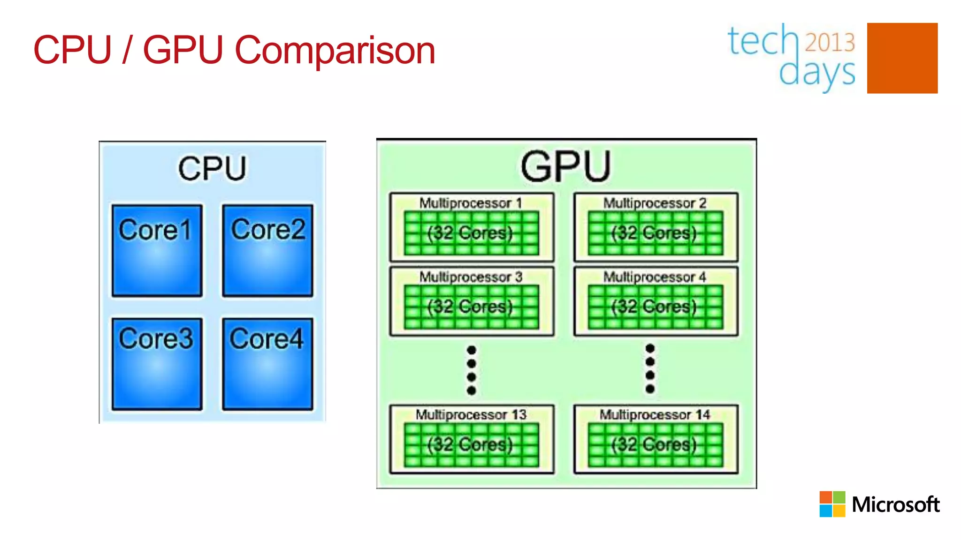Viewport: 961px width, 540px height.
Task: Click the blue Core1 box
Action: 157,250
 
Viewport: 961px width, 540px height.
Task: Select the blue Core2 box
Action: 267,250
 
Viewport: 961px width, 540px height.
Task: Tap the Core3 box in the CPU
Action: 157,364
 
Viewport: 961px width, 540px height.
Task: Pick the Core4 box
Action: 267,364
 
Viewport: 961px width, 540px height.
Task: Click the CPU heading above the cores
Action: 212,169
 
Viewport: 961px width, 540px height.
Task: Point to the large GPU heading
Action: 566,166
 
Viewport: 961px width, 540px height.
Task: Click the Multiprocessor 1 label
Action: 470,203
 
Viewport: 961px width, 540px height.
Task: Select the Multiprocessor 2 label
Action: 655,203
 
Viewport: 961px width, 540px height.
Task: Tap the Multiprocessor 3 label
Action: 470,277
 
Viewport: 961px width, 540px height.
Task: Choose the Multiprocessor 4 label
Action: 655,277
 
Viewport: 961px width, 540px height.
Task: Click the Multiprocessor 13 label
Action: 471,415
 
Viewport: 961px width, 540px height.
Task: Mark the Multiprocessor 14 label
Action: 655,415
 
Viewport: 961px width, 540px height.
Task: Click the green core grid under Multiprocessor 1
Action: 471,233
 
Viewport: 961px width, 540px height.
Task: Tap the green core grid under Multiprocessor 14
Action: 655,445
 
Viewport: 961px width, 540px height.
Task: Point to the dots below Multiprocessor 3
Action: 472,370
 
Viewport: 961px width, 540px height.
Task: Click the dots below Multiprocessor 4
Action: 650,368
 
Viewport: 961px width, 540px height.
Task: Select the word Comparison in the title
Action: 335,50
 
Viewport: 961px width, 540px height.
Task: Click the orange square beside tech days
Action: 902,58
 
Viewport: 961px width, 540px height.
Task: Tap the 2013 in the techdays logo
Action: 830,42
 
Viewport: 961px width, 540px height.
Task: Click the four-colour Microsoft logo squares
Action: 832,504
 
